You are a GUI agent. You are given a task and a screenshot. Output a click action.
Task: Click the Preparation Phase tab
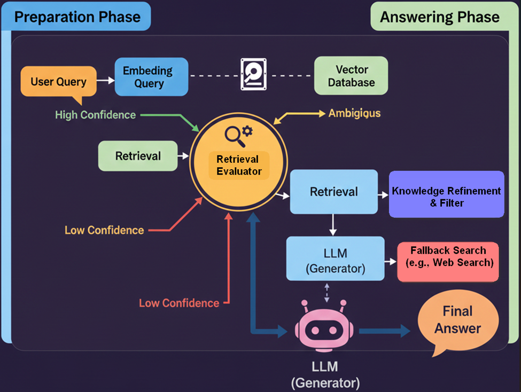pos(77,17)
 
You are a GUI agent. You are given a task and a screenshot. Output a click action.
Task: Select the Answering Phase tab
pos(439,17)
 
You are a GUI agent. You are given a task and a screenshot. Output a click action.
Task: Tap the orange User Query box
pos(58,82)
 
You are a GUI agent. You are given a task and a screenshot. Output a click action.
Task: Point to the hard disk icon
pos(253,74)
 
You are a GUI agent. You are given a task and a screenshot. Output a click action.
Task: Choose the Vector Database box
pos(351,76)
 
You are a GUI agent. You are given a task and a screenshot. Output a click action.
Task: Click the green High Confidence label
pos(95,115)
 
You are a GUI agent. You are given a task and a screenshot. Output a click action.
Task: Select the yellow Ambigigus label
pos(354,113)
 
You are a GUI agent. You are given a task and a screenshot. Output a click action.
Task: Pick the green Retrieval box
pos(138,156)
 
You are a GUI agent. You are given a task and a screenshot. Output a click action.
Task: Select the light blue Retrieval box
pos(334,192)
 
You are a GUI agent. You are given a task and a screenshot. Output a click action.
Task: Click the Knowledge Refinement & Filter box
pos(446,197)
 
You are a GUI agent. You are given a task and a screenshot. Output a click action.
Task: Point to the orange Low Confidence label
pos(104,230)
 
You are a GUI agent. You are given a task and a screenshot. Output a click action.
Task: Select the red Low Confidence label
pos(179,303)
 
